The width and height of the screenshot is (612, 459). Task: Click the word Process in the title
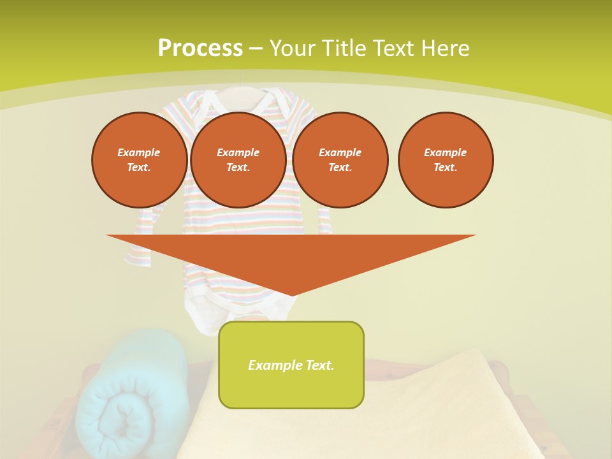pyautogui.click(x=200, y=48)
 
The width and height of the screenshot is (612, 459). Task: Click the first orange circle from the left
pyautogui.click(x=139, y=160)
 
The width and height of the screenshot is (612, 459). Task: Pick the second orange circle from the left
pyautogui.click(x=238, y=160)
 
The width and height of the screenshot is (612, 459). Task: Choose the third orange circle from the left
pyautogui.click(x=340, y=160)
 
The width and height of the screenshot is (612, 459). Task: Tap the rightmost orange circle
pyautogui.click(x=445, y=160)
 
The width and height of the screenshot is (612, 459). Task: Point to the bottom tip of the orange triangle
pyautogui.click(x=291, y=295)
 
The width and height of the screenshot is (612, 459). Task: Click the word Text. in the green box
pyautogui.click(x=319, y=365)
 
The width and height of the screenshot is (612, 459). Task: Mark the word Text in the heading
pyautogui.click(x=391, y=48)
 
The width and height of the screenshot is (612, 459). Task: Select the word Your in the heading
pyautogui.click(x=291, y=48)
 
